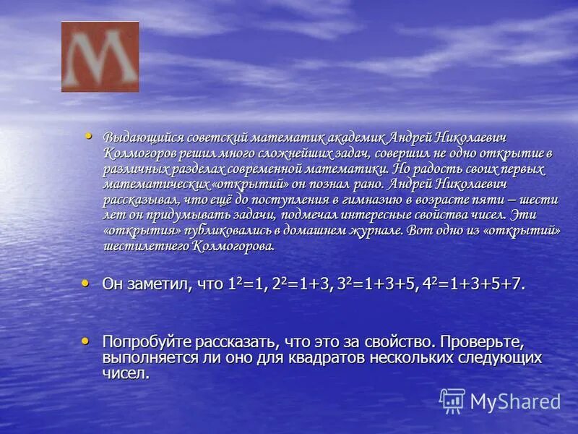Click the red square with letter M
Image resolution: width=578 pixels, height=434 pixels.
100,56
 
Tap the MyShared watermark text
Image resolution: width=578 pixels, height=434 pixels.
515,401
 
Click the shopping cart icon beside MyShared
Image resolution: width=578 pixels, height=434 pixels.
452,401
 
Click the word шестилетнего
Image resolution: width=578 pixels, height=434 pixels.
144,246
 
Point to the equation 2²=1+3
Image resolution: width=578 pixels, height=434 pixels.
303,284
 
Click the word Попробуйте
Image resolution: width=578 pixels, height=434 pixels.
145,341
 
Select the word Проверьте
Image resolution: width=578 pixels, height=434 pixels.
481,341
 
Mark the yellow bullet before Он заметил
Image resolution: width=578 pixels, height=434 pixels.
87,282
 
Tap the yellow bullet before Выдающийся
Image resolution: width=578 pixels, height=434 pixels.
89,135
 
